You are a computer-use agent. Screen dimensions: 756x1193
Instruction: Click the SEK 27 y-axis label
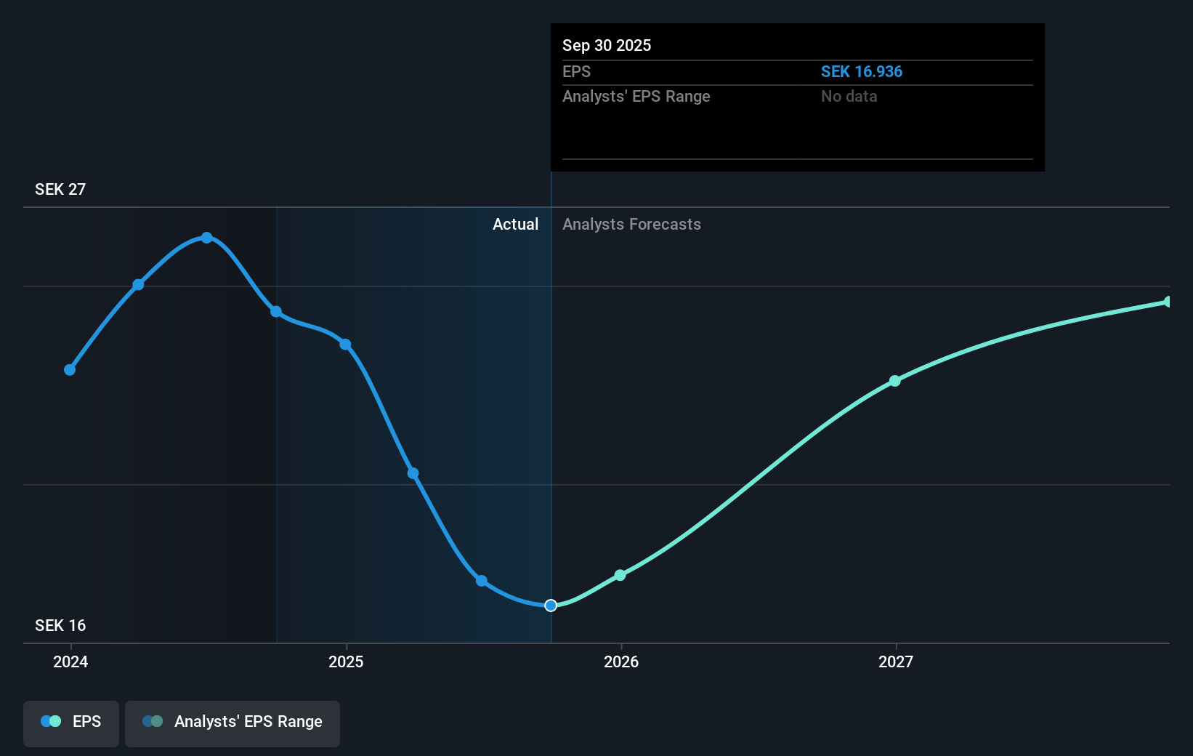coord(60,190)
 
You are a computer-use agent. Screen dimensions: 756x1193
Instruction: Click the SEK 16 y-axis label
coord(60,626)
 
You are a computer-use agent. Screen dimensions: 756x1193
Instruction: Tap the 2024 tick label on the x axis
coord(70,661)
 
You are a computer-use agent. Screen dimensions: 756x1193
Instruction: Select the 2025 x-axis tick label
coord(346,661)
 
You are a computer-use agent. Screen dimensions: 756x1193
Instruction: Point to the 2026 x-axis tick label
coord(621,661)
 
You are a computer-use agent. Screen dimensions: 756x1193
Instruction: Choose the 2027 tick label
coord(896,661)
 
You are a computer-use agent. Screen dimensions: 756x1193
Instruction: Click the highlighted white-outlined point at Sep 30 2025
coord(551,606)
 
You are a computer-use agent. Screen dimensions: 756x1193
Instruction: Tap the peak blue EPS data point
coord(207,238)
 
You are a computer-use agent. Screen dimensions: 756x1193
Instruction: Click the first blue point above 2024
coord(70,370)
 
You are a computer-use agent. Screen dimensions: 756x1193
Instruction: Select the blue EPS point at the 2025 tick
coord(345,345)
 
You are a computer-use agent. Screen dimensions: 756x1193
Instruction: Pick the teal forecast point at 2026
coord(620,575)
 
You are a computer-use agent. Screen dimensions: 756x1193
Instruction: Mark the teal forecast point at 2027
coord(895,381)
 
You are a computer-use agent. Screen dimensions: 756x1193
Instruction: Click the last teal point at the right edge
coord(1168,302)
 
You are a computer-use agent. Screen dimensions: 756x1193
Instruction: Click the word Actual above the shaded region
coord(515,225)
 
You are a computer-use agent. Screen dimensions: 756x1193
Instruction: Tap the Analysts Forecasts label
coord(631,225)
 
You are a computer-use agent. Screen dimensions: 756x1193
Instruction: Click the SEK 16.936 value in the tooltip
coord(861,72)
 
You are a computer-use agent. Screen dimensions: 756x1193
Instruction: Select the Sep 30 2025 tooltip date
coord(607,46)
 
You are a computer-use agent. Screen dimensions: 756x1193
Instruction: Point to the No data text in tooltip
coord(849,97)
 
